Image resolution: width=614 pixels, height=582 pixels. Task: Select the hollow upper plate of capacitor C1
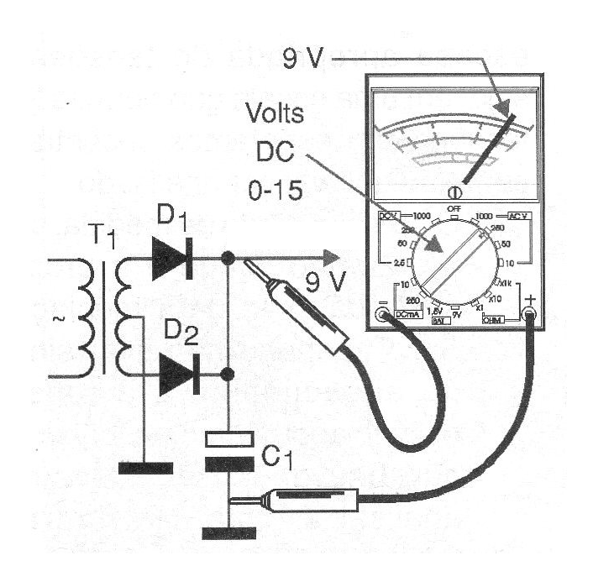click(x=228, y=437)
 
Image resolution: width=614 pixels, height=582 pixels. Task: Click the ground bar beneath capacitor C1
click(x=228, y=532)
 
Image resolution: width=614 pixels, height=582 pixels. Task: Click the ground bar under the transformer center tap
click(x=144, y=468)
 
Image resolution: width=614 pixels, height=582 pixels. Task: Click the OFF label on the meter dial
click(x=454, y=207)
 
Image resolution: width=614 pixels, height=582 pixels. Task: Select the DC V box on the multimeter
click(x=389, y=217)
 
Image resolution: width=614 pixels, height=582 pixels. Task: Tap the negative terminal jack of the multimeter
click(x=383, y=315)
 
